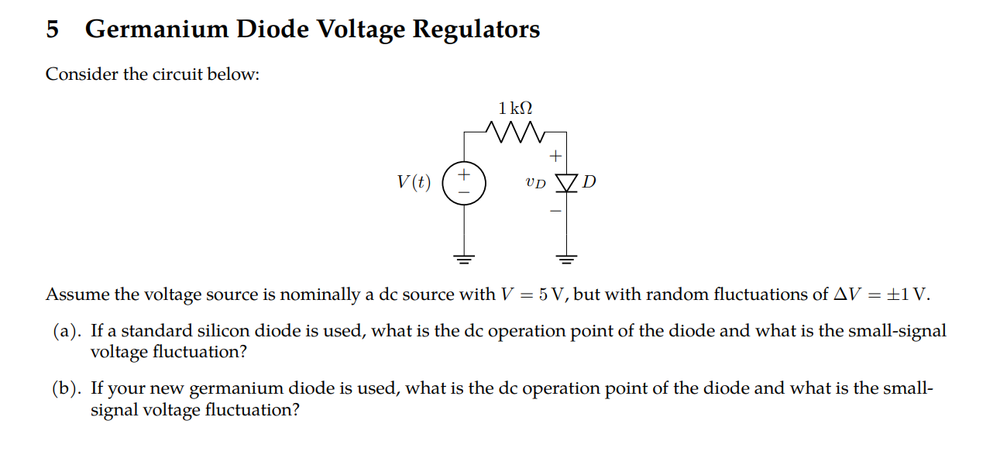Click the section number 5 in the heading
[x=53, y=29]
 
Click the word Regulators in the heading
[x=476, y=29]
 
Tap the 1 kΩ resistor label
[x=515, y=108]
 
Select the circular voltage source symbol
[x=464, y=183]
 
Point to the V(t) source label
[x=413, y=183]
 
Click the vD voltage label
[x=534, y=184]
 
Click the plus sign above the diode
[x=555, y=157]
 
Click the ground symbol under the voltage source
[x=464, y=259]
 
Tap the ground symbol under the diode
[x=567, y=259]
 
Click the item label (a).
[x=67, y=332]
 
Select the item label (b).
[x=67, y=389]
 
